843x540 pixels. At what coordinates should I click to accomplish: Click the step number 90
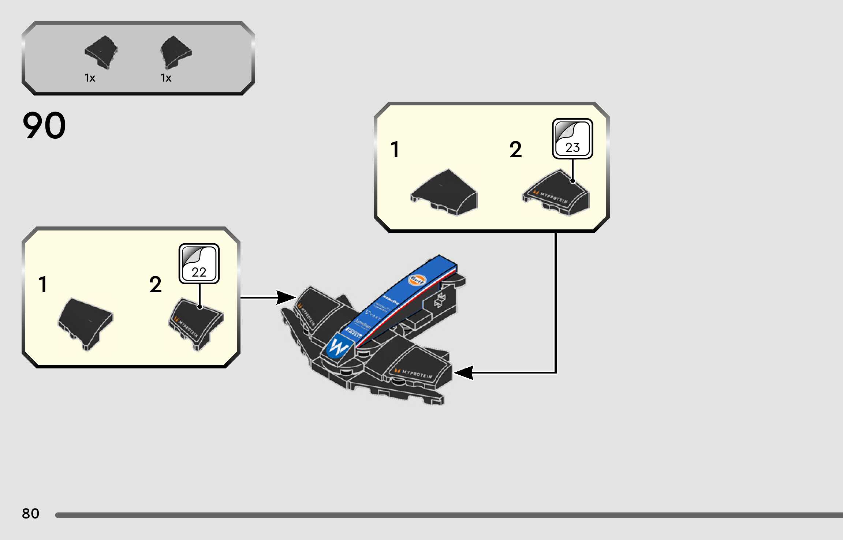pos(44,125)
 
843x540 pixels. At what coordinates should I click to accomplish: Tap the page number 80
pos(30,513)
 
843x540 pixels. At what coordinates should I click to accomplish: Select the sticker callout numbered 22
pos(199,264)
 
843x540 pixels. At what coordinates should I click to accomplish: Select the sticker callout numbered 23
pos(572,139)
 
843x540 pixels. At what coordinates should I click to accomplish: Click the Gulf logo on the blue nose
pos(417,280)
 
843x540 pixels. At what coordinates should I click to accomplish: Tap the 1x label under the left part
pos(90,78)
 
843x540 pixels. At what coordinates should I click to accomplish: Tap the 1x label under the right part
pos(166,78)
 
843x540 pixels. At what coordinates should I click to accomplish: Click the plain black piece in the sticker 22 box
pos(86,322)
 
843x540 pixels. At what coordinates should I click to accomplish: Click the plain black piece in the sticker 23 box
pos(444,192)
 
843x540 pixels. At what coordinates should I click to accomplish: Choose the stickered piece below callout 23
pos(556,192)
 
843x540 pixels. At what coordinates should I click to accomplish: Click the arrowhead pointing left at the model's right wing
pos(463,373)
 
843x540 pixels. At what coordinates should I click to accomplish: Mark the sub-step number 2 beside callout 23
pos(515,150)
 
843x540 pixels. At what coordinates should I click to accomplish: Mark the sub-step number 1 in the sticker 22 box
pos(43,285)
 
